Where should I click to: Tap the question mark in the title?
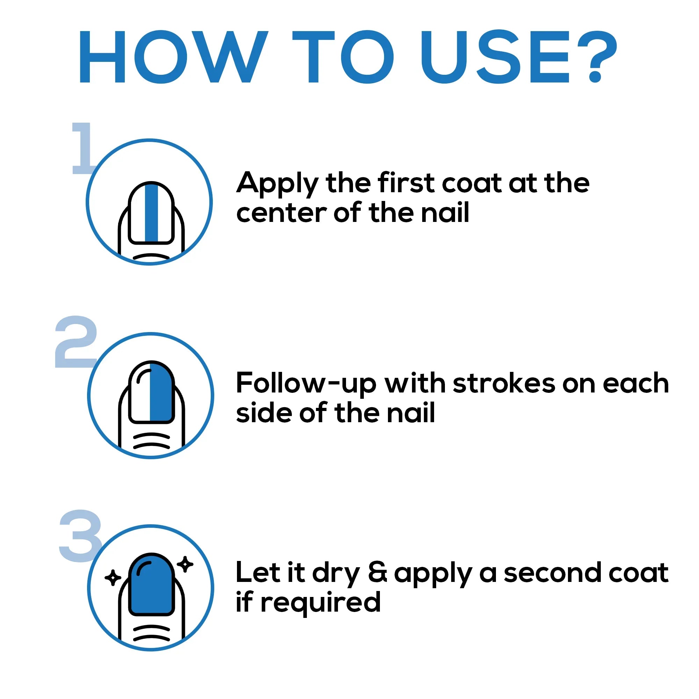tap(596, 56)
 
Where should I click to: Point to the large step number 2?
tap(76, 342)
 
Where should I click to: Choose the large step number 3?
tap(80, 536)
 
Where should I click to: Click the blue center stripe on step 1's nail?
tap(152, 213)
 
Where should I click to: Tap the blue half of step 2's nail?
tap(161, 392)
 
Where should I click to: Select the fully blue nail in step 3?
tap(152, 585)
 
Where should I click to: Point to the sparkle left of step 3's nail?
tap(113, 578)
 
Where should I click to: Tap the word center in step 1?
tap(281, 214)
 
